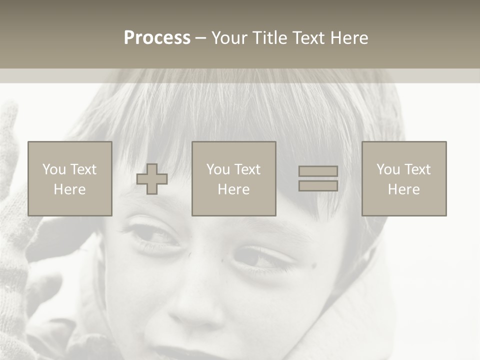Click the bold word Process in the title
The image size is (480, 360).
[157, 38]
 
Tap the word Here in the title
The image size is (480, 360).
[349, 38]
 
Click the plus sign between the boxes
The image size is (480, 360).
[152, 179]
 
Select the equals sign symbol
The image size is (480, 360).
[318, 178]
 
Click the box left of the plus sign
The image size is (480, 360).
[69, 178]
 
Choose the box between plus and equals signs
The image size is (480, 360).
[233, 178]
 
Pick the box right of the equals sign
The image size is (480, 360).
[403, 178]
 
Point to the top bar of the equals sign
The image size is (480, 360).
[318, 171]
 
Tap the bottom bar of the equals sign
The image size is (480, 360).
[318, 185]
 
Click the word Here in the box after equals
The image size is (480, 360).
[403, 189]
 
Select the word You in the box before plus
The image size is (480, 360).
[54, 169]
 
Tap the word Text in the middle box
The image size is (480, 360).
[247, 169]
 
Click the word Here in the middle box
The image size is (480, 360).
[233, 189]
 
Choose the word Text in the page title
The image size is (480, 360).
[310, 38]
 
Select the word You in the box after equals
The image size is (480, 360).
[388, 169]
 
